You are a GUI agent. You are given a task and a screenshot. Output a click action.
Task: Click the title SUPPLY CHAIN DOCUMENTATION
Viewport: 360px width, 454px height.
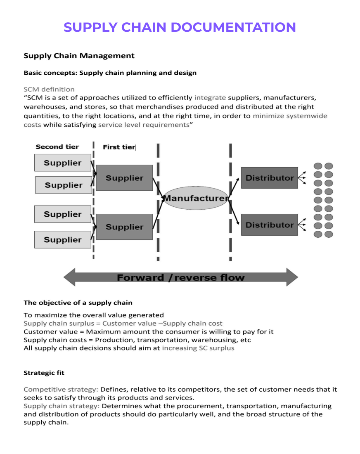click(180, 27)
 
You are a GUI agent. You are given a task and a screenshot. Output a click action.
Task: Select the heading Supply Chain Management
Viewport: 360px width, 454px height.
click(79, 56)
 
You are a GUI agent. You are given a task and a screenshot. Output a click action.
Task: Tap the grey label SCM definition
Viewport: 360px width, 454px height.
click(49, 89)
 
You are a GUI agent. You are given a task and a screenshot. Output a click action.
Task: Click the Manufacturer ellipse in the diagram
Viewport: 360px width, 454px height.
click(196, 199)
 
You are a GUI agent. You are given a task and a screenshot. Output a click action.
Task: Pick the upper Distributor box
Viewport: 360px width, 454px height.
click(269, 178)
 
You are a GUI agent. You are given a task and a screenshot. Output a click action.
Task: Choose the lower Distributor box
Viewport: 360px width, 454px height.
click(269, 225)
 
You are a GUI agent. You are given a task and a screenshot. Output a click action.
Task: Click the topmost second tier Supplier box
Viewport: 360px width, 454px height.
click(63, 163)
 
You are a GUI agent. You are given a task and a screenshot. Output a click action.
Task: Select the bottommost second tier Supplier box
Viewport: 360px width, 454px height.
click(63, 240)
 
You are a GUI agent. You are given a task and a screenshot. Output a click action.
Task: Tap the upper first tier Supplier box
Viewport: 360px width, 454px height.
click(124, 178)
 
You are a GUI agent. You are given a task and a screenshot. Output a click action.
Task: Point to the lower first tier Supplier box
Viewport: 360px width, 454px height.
click(124, 227)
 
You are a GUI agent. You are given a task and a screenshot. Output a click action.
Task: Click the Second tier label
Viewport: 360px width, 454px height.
click(57, 147)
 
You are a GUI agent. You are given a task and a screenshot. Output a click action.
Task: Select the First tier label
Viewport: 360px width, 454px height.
click(119, 147)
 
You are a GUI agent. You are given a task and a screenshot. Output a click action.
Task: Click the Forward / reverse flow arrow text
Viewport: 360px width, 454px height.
click(180, 277)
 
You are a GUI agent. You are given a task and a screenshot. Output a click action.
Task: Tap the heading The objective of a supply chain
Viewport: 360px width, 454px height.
click(78, 303)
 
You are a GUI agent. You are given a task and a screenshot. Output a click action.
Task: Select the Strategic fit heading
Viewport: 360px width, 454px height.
click(44, 373)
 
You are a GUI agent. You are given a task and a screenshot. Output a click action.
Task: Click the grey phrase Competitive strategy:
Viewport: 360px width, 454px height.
click(61, 389)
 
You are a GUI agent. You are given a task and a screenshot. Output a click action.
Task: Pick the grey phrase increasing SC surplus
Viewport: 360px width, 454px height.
click(198, 348)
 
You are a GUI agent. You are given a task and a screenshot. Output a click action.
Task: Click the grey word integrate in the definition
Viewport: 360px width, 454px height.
click(210, 98)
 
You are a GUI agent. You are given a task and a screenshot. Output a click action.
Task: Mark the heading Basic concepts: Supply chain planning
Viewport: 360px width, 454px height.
click(110, 73)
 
